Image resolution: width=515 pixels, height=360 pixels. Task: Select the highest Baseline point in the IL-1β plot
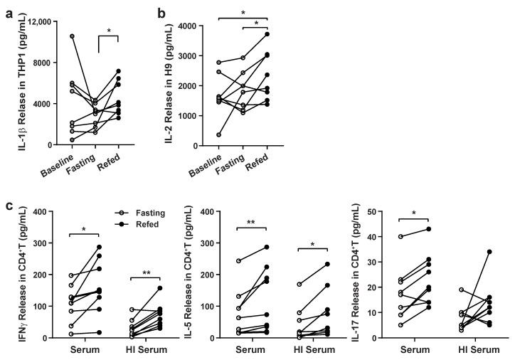(72, 36)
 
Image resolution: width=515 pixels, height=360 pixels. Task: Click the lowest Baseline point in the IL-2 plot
(220, 134)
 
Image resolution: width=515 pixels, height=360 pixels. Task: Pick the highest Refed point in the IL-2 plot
(267, 34)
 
